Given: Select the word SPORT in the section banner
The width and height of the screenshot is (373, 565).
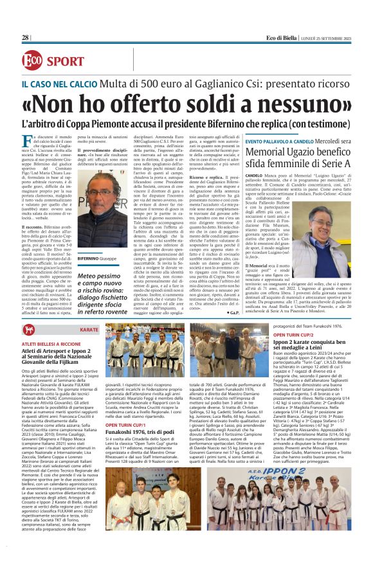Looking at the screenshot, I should click(x=66, y=61).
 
